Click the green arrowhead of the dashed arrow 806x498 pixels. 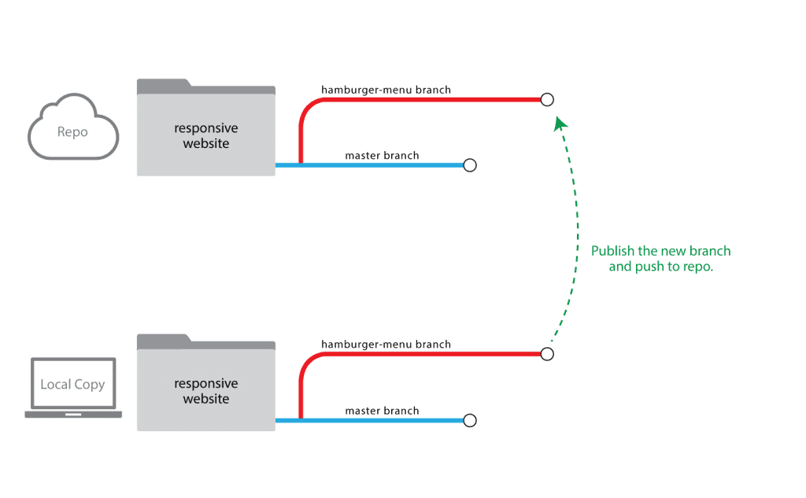click(560, 124)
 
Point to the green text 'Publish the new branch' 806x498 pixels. click(660, 251)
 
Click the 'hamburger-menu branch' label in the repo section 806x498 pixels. click(386, 90)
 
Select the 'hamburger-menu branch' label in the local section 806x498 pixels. click(386, 345)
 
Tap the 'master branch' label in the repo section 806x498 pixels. click(382, 155)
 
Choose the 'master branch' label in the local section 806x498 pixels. click(382, 411)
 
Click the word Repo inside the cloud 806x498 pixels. click(72, 132)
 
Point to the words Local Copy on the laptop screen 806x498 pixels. click(72, 385)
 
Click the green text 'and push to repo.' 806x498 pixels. click(661, 267)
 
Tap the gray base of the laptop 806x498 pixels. click(73, 415)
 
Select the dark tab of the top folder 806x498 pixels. click(205, 87)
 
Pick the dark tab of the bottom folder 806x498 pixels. click(205, 342)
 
